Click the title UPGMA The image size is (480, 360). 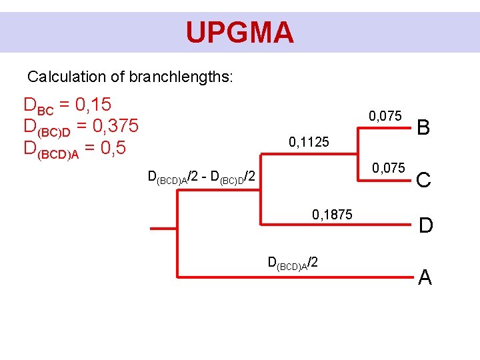click(239, 31)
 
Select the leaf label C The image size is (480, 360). click(425, 179)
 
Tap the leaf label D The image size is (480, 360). click(426, 226)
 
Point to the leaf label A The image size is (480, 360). click(425, 277)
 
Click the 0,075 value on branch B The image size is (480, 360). click(385, 116)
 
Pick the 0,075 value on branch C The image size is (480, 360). click(388, 167)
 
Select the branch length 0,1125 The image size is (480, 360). click(308, 142)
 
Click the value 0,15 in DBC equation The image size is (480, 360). click(93, 105)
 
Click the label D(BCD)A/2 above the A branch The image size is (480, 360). click(292, 262)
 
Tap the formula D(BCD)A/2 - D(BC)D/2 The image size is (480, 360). click(202, 177)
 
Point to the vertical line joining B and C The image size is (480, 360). click(360, 153)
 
